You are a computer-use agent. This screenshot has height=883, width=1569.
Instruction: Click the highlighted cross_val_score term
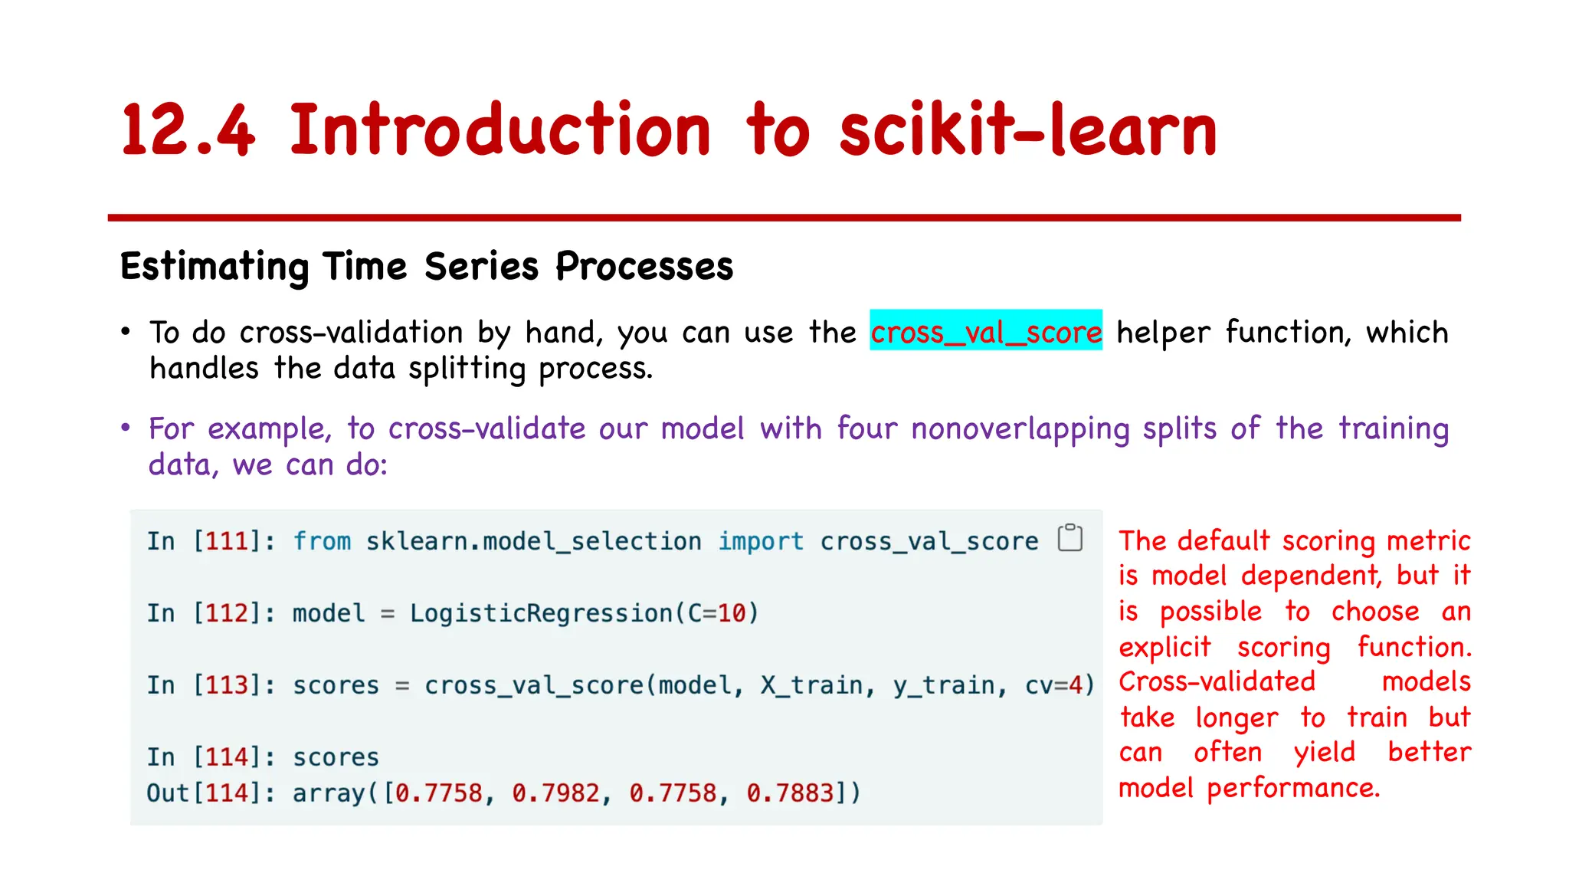tap(986, 332)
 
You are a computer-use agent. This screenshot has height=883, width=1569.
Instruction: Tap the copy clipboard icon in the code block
tap(1069, 538)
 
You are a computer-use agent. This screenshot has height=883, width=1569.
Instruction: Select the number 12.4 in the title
tap(188, 130)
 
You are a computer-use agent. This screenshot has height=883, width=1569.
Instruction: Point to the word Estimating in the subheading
tap(214, 267)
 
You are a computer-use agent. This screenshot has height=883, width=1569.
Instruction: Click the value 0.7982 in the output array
tap(555, 793)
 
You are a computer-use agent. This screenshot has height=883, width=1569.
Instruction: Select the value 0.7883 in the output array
tap(790, 793)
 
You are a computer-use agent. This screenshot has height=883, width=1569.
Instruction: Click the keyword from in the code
tap(322, 541)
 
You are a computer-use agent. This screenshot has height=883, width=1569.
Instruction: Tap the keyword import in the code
tap(761, 541)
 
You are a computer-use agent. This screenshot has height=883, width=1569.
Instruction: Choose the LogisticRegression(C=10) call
tap(584, 613)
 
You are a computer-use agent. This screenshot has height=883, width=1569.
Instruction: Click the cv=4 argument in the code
tap(1059, 685)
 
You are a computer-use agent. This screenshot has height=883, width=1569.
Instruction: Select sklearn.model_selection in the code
tap(533, 541)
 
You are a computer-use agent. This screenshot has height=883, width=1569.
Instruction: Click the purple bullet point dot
tap(126, 428)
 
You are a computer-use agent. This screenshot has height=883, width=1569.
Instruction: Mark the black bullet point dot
tap(126, 332)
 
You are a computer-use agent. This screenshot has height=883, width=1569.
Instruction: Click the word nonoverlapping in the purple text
tap(1020, 428)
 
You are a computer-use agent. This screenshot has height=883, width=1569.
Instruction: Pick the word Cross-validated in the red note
tap(1217, 681)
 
